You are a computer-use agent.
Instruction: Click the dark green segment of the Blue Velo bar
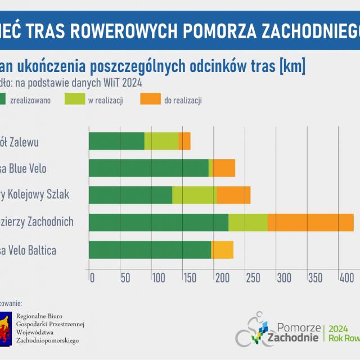[x=148, y=168]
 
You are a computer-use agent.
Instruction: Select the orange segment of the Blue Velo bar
[x=224, y=168]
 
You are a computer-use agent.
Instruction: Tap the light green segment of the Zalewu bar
[x=161, y=141]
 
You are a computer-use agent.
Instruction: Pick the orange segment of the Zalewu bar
[x=184, y=141]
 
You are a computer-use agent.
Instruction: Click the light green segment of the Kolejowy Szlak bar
[x=194, y=195]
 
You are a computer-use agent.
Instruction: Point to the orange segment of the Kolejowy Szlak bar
[x=233, y=195]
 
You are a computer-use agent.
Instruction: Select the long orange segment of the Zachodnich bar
[x=310, y=222]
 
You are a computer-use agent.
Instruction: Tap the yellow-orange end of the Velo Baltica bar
[x=222, y=250]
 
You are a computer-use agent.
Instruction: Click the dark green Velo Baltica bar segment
[x=150, y=250]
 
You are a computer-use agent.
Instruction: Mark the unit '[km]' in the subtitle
[x=288, y=67]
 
